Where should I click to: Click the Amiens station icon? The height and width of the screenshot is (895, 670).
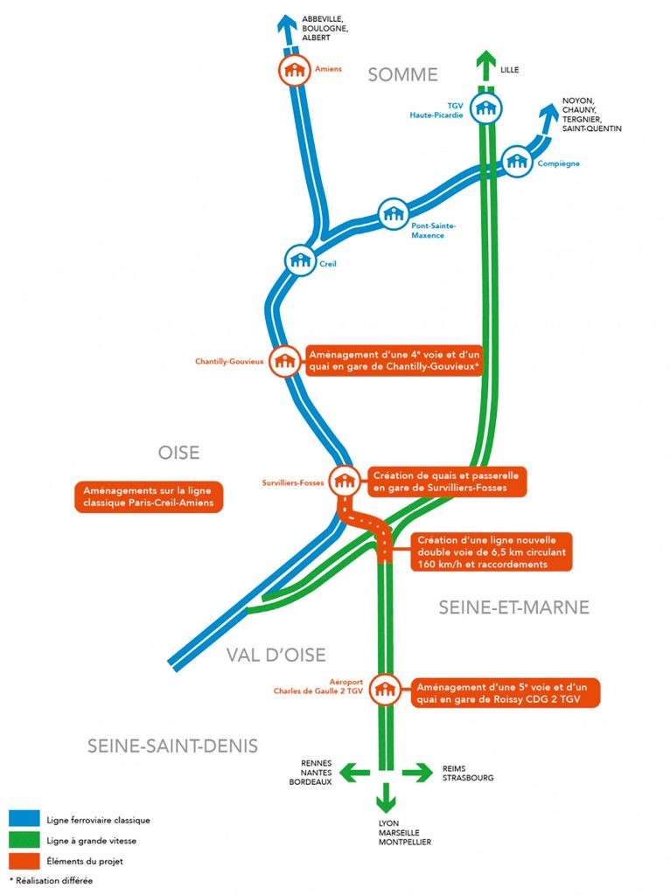tap(293, 70)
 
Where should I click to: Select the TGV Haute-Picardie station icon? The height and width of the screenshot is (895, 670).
tap(485, 108)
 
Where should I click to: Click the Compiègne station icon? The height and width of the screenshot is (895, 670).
tap(517, 162)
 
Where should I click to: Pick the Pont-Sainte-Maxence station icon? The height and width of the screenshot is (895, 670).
tap(393, 214)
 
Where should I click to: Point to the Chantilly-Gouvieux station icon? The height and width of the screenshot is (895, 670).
tap(284, 360)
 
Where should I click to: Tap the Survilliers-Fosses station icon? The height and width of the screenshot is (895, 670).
tap(344, 480)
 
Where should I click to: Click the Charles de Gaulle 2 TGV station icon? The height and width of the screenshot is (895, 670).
tap(383, 689)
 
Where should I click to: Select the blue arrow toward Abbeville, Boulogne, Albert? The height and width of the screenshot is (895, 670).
tap(286, 24)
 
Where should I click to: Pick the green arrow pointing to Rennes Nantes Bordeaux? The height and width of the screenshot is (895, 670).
tap(352, 772)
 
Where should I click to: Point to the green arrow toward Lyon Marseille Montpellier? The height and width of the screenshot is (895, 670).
tap(385, 800)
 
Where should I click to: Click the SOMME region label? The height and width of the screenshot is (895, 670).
tap(402, 74)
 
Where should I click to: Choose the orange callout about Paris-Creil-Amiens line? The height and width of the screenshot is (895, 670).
tap(148, 496)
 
